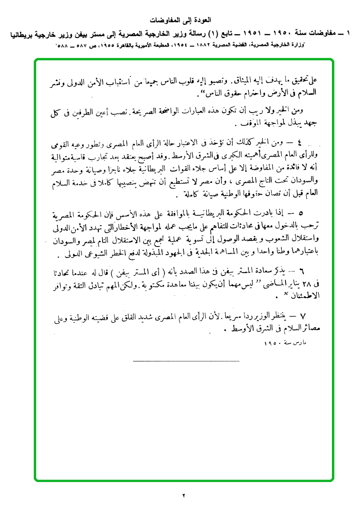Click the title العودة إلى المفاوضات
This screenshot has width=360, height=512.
183,20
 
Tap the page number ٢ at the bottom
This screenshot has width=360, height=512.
183,496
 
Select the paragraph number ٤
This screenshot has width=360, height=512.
299,142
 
